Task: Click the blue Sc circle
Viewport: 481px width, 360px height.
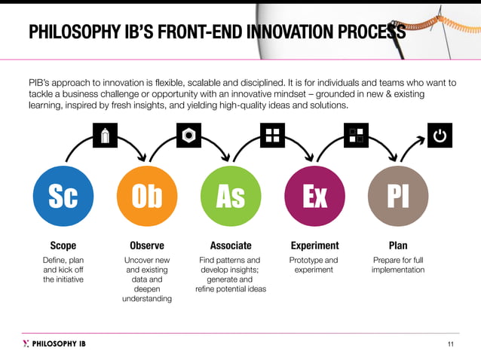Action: click(63, 197)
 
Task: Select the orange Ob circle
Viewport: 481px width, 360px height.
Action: click(147, 197)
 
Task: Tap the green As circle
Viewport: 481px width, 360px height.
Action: click(230, 197)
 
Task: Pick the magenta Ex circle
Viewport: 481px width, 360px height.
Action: click(314, 197)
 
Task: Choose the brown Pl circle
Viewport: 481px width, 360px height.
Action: click(397, 197)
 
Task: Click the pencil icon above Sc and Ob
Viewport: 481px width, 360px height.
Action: click(105, 136)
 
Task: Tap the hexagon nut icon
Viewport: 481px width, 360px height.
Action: click(188, 136)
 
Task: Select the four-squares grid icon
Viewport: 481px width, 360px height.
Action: click(272, 136)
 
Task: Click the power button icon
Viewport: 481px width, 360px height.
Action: click(440, 136)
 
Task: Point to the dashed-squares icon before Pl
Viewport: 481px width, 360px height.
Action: click(356, 136)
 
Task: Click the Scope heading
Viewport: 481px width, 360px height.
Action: click(63, 246)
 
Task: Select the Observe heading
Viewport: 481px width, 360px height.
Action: click(147, 246)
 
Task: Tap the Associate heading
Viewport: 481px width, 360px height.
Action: click(231, 246)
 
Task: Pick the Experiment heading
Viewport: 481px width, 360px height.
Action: click(314, 246)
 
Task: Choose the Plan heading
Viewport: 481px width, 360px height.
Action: click(397, 246)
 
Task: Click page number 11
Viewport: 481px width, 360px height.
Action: click(451, 344)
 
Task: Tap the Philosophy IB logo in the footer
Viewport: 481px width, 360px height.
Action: click(54, 343)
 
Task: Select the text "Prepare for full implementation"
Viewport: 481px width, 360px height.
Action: click(397, 265)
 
